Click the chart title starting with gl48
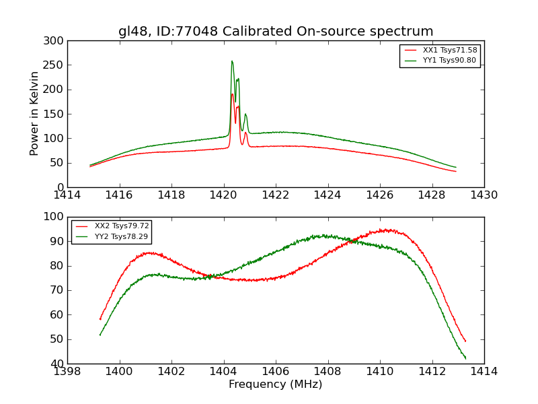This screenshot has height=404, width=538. click(276, 32)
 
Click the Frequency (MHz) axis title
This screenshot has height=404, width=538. click(275, 384)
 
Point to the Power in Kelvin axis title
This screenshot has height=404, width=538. click(34, 114)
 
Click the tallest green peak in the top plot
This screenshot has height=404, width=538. click(232, 61)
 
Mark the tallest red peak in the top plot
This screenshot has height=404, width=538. click(232, 94)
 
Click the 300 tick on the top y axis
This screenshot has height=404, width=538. click(56, 41)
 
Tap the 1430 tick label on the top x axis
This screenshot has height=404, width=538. click(484, 195)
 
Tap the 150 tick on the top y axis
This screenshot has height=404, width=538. click(56, 114)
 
